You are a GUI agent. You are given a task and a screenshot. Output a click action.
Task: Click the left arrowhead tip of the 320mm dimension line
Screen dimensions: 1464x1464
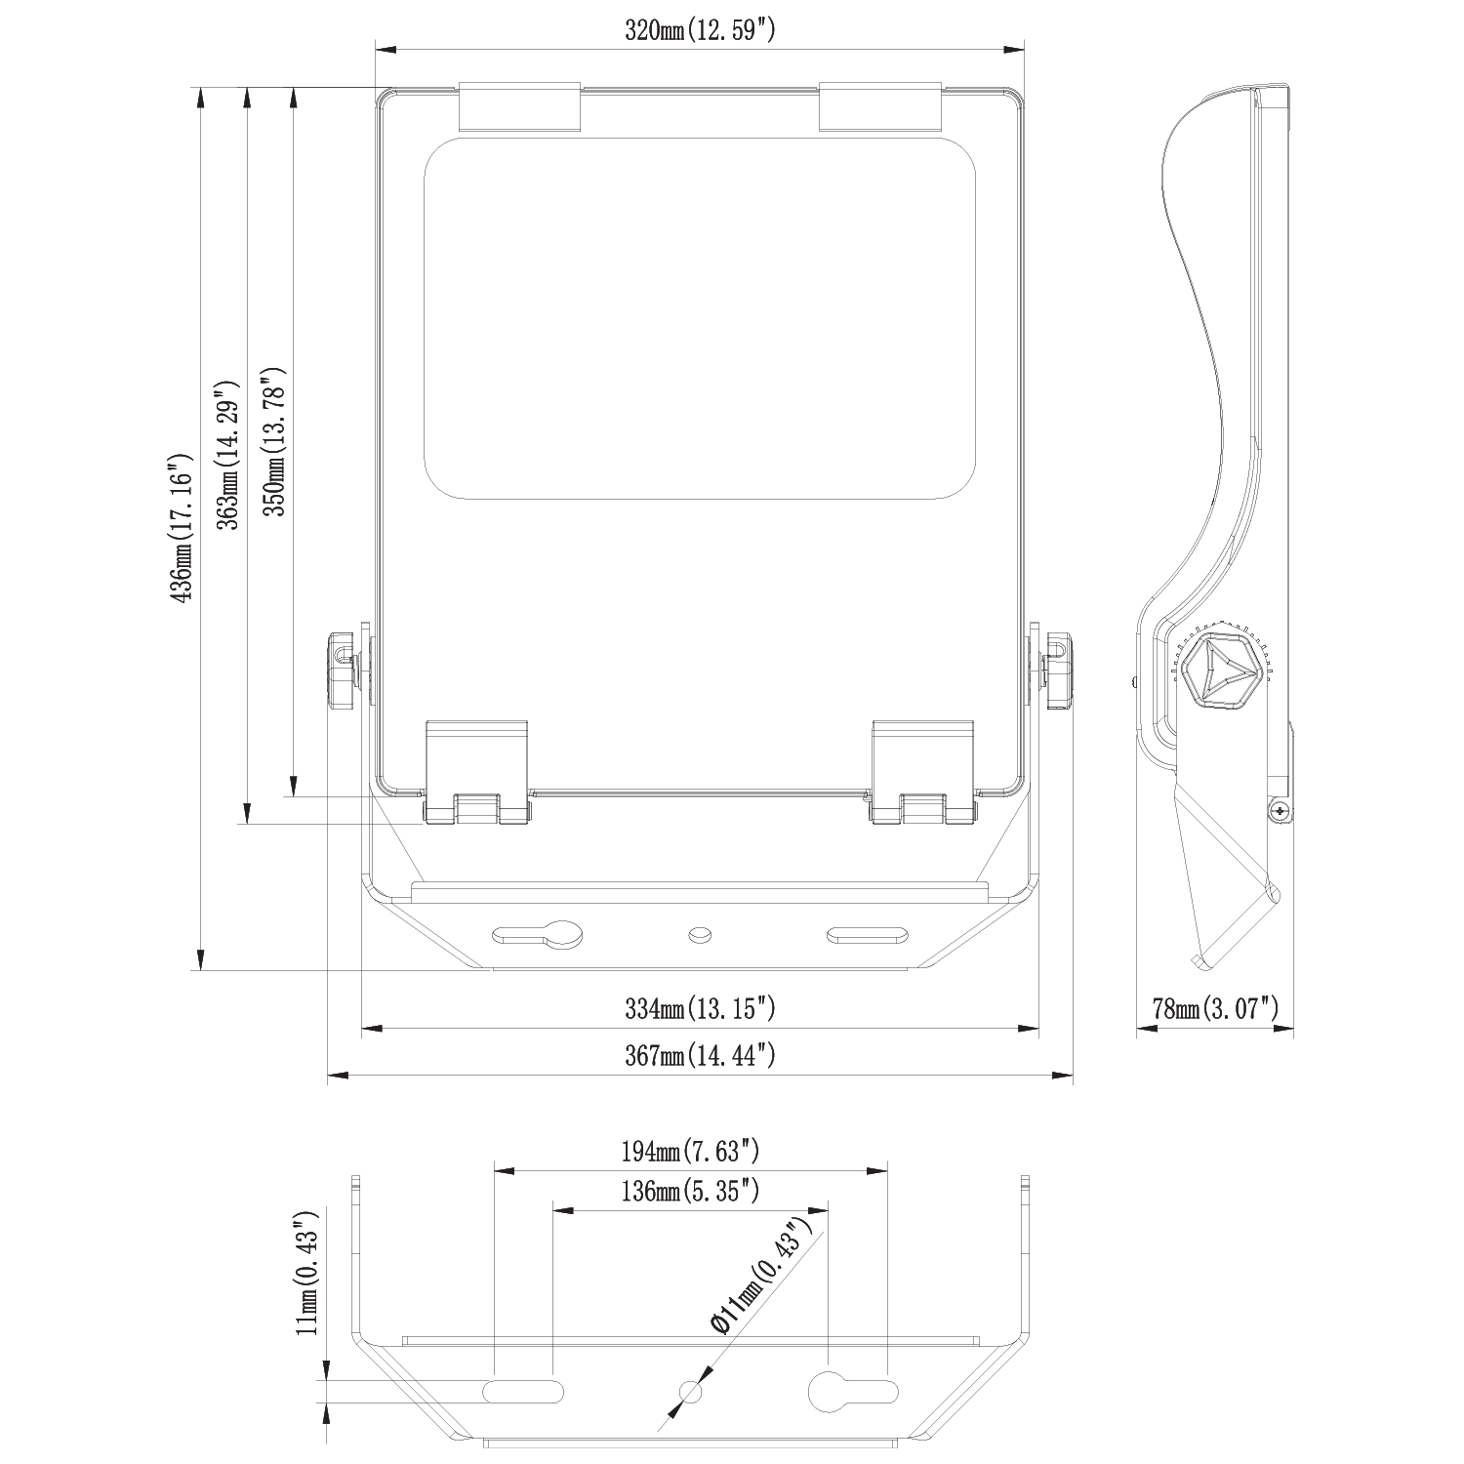[376, 47]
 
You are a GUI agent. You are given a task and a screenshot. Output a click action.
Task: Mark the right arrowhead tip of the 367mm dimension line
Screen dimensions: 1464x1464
[1073, 1076]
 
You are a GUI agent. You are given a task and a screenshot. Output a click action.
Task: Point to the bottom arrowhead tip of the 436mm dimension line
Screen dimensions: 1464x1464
[201, 970]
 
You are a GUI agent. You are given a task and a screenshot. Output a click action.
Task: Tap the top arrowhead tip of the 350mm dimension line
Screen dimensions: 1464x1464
[294, 88]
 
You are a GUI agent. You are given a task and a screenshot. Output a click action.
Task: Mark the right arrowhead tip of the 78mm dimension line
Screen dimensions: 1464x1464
[1294, 1028]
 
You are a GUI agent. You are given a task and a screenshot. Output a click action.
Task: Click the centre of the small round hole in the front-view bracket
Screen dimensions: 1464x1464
[699, 935]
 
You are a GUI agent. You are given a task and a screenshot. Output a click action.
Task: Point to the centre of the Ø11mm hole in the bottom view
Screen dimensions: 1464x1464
[690, 1391]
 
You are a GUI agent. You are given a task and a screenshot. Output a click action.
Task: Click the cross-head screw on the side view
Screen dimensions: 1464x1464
[1279, 811]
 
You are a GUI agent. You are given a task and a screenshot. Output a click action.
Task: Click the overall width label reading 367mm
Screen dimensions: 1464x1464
[701, 1055]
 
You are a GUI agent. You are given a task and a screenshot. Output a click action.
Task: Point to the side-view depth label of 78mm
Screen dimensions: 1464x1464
[1215, 1008]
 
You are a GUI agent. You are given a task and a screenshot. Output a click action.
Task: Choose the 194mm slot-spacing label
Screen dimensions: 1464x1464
[690, 1152]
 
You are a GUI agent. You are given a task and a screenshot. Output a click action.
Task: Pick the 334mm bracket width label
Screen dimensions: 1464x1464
[701, 1008]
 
